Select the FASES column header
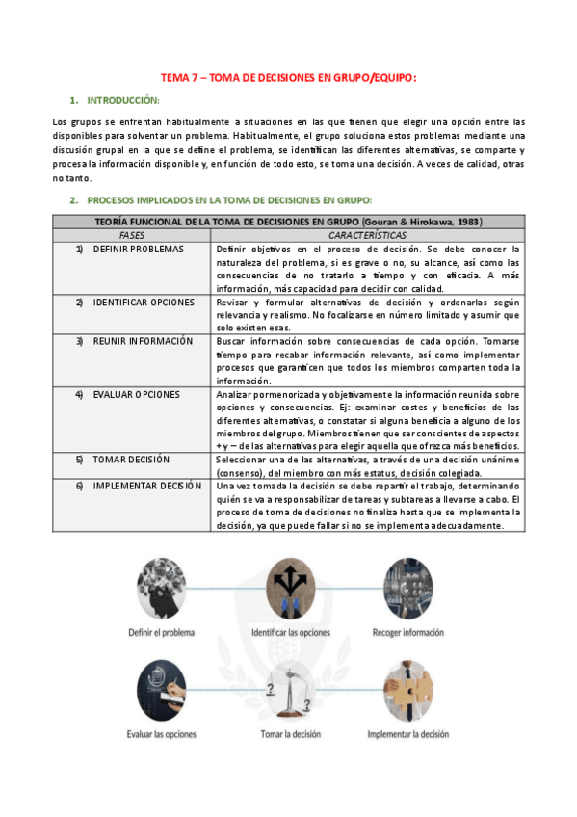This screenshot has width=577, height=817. coord(132,235)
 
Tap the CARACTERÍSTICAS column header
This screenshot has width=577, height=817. coord(367,235)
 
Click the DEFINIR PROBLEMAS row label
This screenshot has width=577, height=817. coord(138,249)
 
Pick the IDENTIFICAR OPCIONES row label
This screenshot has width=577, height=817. coord(144,303)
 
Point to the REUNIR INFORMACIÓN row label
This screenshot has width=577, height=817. coord(143,341)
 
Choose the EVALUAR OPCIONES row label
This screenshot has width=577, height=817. coord(136,394)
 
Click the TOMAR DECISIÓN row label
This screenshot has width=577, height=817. coord(131,460)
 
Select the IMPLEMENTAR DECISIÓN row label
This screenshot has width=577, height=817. coord(146,486)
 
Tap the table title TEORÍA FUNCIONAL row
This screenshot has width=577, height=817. coord(289,222)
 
